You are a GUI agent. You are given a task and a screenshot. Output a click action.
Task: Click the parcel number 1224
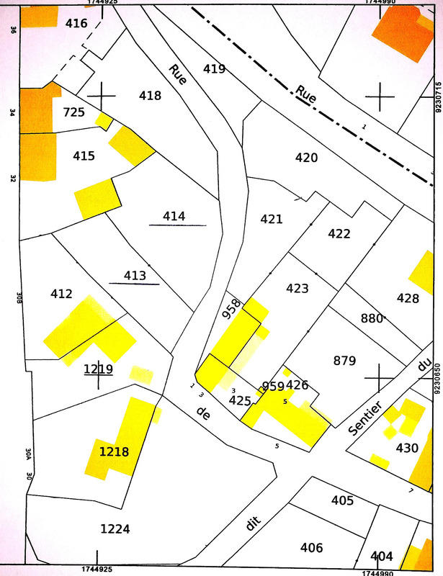(115, 529)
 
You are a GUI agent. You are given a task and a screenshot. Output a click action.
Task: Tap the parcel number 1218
(115, 452)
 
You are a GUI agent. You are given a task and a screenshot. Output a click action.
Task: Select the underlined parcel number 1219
(98, 369)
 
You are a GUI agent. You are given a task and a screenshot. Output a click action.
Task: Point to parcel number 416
(76, 24)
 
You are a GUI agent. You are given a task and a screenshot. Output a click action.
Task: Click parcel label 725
(73, 112)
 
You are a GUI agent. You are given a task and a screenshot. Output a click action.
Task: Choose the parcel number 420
(306, 157)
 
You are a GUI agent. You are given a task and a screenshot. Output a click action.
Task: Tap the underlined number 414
(174, 216)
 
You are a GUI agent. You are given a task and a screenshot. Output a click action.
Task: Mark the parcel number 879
(346, 360)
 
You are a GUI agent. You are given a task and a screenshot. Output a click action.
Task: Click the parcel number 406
(311, 548)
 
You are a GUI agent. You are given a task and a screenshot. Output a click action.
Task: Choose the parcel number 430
(407, 448)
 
